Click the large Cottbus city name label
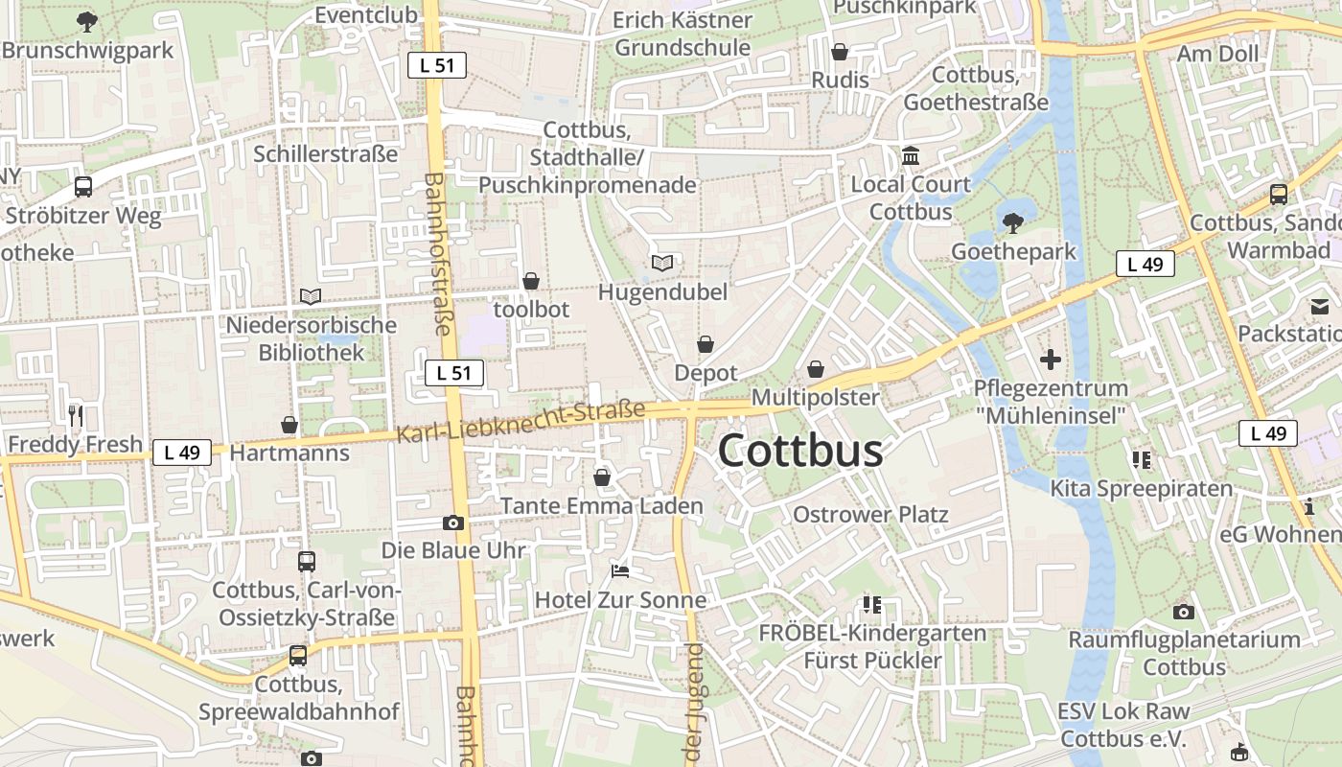tap(799, 451)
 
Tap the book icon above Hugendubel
tap(662, 263)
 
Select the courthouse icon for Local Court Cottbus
tap(910, 155)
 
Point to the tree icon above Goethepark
tap(1012, 223)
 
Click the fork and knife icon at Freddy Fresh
tap(76, 416)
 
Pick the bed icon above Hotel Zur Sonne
tap(620, 571)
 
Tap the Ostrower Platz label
tap(870, 515)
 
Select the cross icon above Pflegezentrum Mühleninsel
tap(1051, 360)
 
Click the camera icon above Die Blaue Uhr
tap(453, 523)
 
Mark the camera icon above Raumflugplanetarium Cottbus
tap(1184, 612)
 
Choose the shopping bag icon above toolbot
tap(530, 281)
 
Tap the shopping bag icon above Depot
tap(706, 344)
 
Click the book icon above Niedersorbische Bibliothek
tap(311, 297)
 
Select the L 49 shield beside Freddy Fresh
tap(181, 453)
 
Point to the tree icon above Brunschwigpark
tap(87, 21)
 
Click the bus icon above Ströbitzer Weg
tap(83, 187)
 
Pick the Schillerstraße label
tap(325, 154)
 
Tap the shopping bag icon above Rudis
tap(840, 52)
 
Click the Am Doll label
tap(1217, 54)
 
